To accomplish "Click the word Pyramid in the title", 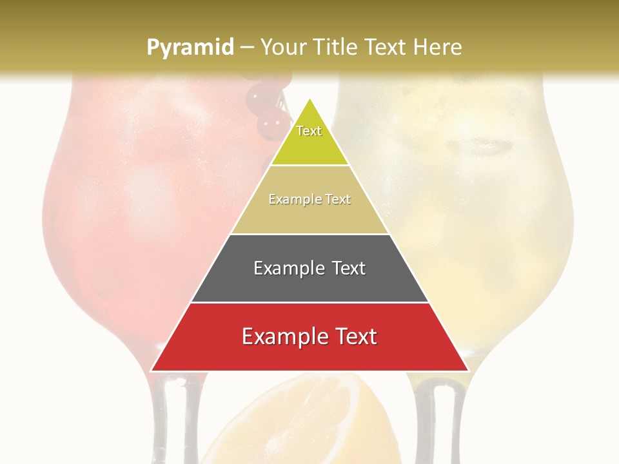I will (190, 47).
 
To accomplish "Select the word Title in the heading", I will (336, 47).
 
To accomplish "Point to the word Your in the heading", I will (284, 47).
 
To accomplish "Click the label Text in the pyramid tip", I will (309, 131).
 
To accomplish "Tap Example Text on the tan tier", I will (309, 199).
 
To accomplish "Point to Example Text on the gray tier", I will (309, 268).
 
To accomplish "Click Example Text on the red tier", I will (309, 336).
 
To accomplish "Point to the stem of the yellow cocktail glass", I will (438, 419).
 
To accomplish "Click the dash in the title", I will (246, 47).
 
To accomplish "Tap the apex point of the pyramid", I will (309, 99).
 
